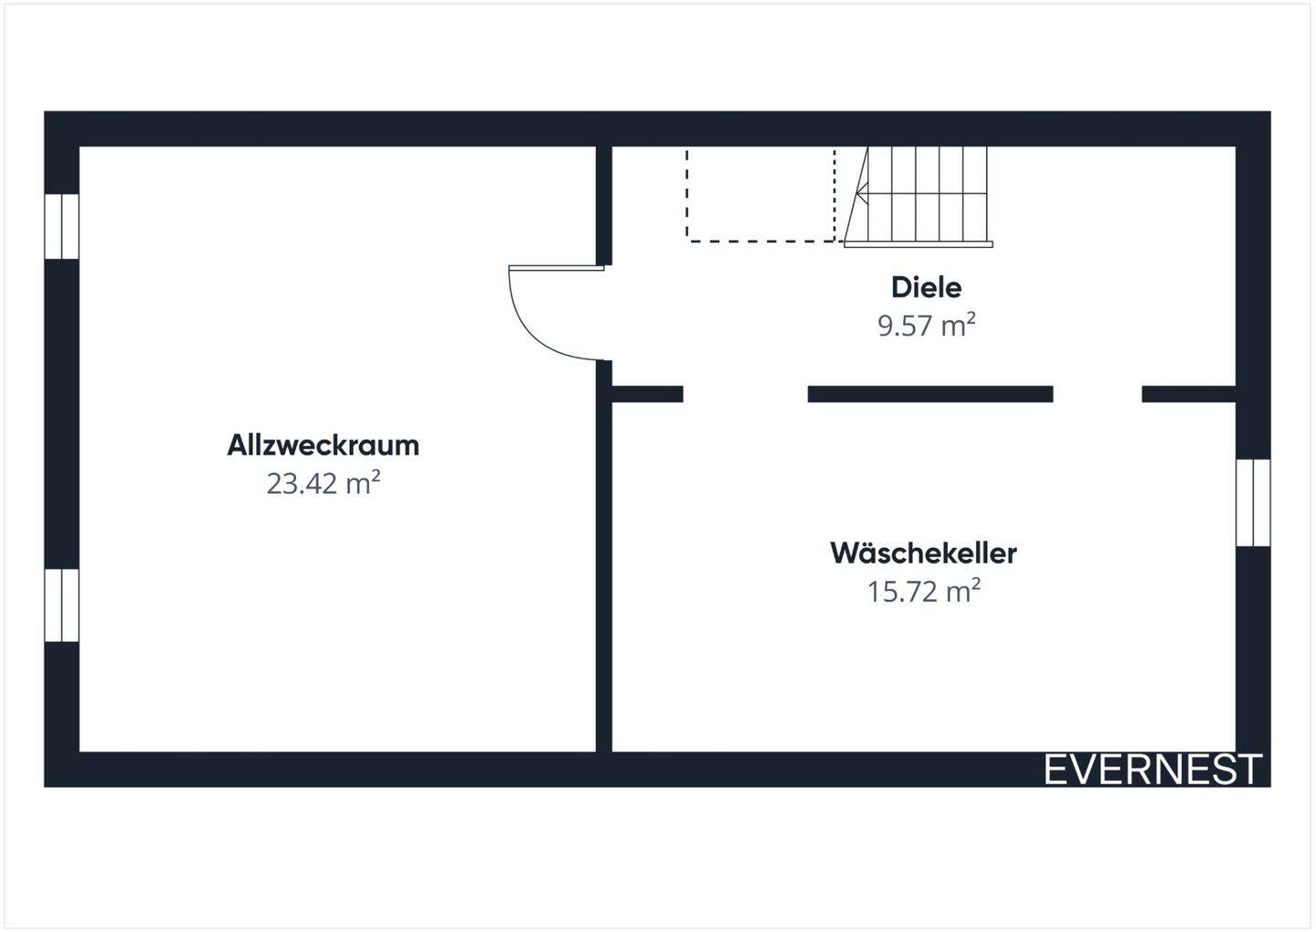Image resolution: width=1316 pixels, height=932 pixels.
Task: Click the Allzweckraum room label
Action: [x=323, y=445]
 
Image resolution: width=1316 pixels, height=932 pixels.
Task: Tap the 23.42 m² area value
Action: [x=323, y=483]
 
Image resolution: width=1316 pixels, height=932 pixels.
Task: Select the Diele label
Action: [x=926, y=287]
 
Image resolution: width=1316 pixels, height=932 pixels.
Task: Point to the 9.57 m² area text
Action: [x=926, y=326]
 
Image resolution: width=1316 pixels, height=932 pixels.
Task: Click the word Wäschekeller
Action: [x=923, y=553]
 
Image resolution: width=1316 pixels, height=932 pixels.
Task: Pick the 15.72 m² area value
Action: [x=923, y=592]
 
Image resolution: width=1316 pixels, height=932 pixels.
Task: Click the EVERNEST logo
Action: [x=1152, y=769]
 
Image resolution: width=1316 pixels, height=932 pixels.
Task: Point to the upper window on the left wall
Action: [x=62, y=226]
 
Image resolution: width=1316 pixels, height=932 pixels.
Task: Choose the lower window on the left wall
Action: [x=62, y=605]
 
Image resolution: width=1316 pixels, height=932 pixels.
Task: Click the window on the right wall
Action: [x=1253, y=502]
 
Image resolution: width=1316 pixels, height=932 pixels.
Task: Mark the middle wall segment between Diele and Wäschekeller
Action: [x=929, y=394]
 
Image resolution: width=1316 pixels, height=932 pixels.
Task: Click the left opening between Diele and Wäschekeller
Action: [x=745, y=394]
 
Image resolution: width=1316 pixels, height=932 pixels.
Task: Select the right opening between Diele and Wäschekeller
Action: [x=1097, y=394]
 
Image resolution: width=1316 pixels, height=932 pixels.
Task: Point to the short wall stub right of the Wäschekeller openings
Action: [x=1188, y=394]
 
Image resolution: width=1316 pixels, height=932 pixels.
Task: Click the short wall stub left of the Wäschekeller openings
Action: [x=647, y=394]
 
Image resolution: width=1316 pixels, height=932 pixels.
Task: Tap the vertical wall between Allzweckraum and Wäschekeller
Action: [x=603, y=567]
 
